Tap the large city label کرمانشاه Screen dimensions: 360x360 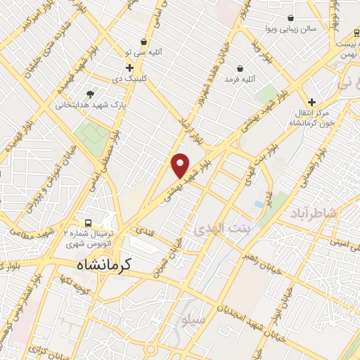[x=106, y=266]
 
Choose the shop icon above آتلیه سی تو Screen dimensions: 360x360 [x=144, y=41]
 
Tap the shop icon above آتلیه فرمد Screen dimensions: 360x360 [x=241, y=69]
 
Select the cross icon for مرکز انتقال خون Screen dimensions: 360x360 [x=311, y=101]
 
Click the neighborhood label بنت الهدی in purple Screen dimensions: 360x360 [x=218, y=230]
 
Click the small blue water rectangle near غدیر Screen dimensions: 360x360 [x=259, y=203]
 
